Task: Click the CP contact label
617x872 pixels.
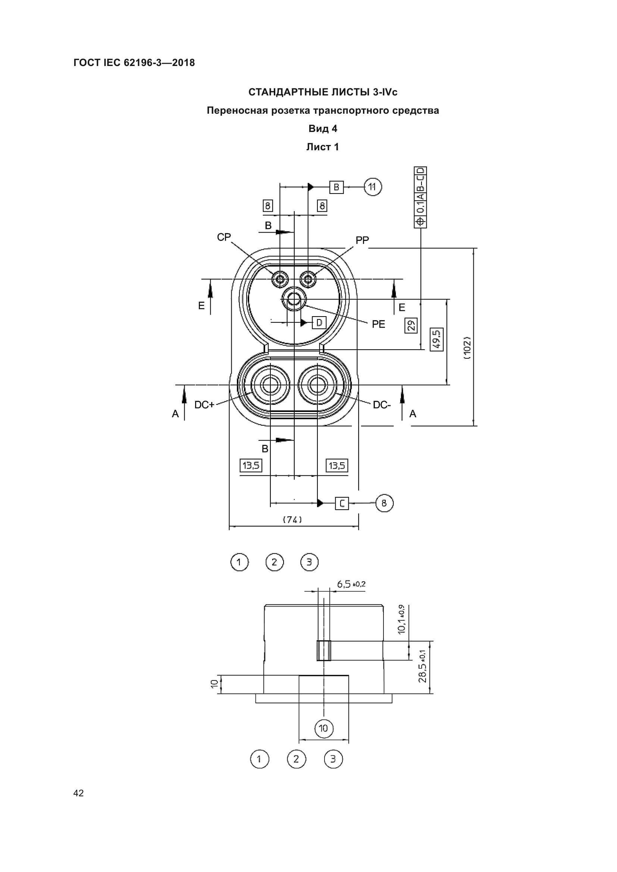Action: coord(224,237)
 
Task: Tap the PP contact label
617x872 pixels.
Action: coord(362,240)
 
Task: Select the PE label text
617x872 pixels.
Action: coord(378,324)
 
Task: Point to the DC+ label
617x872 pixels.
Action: coord(204,405)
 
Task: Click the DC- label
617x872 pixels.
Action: coord(382,405)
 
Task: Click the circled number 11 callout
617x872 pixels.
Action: coord(373,187)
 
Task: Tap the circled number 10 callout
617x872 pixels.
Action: coord(324,728)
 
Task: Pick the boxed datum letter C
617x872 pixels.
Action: coord(342,503)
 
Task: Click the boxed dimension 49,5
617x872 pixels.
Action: coord(436,339)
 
